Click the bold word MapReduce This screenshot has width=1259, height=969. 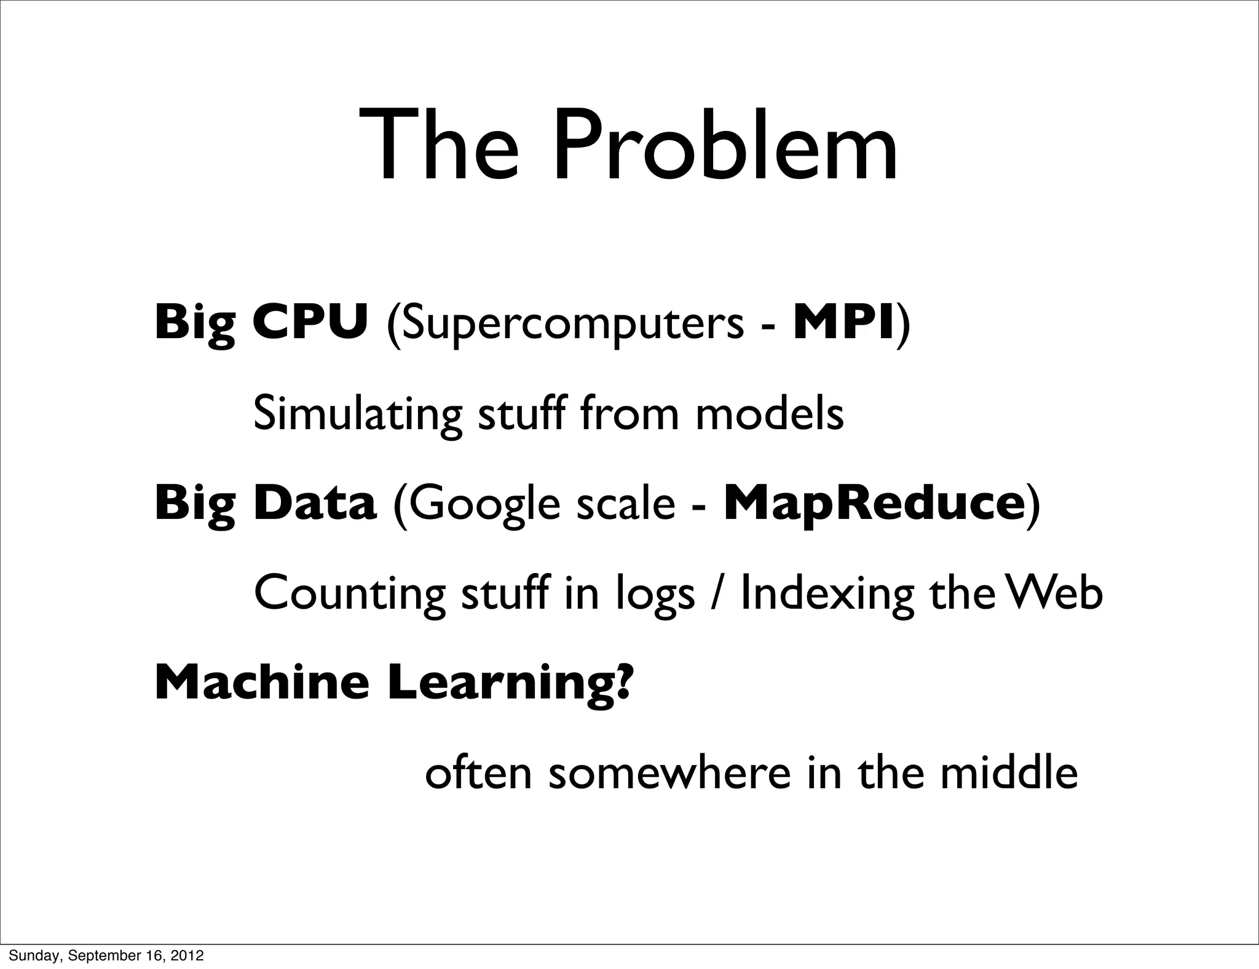tap(874, 504)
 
